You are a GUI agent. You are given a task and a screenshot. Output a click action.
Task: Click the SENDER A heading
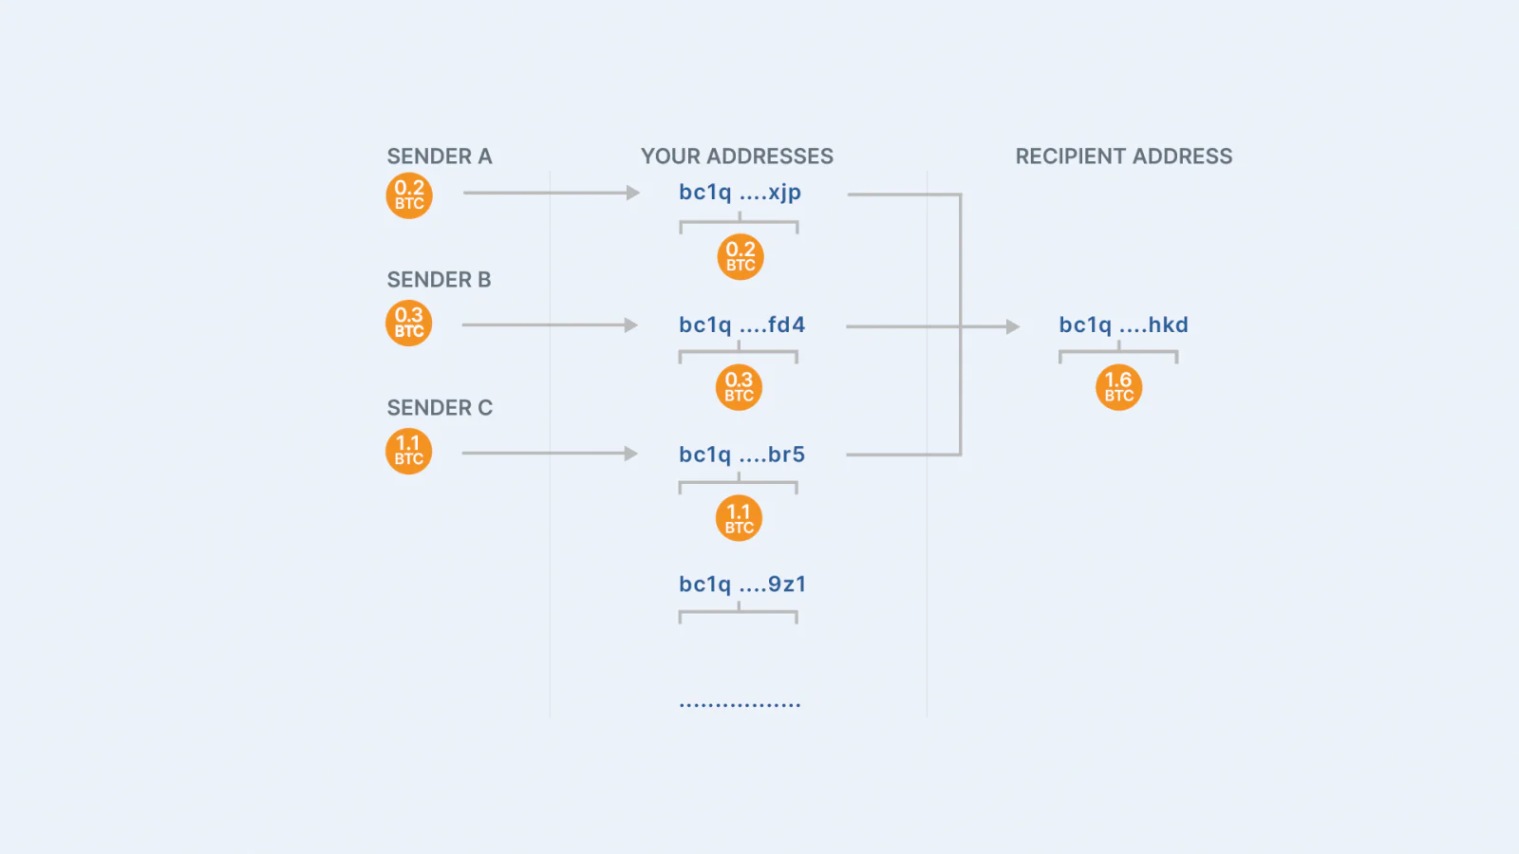pos(440,157)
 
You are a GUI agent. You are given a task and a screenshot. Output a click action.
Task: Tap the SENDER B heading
pos(439,280)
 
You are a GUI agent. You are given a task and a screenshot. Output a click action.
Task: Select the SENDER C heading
pos(440,408)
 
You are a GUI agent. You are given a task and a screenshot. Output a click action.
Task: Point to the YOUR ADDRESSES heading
pos(737,157)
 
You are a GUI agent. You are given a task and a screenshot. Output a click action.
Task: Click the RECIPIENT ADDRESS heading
pos(1124,157)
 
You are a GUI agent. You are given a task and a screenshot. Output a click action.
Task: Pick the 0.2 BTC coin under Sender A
pos(409,195)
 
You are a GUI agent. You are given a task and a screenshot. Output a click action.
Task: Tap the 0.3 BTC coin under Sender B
pos(409,324)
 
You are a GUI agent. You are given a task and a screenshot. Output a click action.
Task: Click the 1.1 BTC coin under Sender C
pos(409,452)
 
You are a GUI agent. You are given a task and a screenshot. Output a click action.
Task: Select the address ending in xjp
pos(740,193)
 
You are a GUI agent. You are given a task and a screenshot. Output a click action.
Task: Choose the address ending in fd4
pos(741,325)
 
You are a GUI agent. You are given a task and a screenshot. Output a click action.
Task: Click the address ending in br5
pos(741,455)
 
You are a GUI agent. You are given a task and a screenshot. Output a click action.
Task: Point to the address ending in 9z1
pos(742,585)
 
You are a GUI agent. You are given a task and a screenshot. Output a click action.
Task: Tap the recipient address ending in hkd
pos(1124,325)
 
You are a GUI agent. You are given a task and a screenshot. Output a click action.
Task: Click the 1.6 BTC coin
pos(1119,388)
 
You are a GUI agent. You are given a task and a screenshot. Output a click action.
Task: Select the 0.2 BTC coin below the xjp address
pos(741,257)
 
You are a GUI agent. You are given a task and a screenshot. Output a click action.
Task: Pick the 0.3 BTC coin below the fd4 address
pos(740,388)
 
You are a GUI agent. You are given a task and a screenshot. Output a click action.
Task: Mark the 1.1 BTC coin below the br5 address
pos(740,518)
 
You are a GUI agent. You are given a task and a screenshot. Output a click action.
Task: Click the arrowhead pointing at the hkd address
pos(1013,326)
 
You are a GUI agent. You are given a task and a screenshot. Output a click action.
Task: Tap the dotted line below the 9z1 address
pos(740,705)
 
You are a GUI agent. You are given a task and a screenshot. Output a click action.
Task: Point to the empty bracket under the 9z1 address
pos(739,612)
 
